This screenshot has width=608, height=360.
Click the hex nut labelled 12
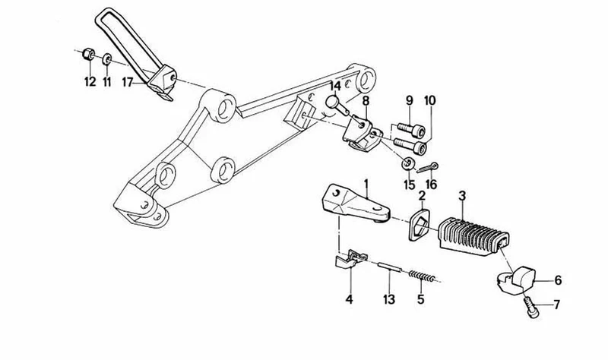pyautogui.click(x=89, y=54)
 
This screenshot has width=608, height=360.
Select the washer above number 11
pyautogui.click(x=107, y=60)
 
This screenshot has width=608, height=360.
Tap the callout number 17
pyautogui.click(x=128, y=82)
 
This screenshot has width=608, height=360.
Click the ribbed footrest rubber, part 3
pyautogui.click(x=473, y=234)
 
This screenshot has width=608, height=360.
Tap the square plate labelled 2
pyautogui.click(x=420, y=224)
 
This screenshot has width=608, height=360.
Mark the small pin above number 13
pyautogui.click(x=390, y=267)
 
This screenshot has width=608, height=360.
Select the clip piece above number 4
pyautogui.click(x=351, y=258)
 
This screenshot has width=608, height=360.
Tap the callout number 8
pyautogui.click(x=366, y=101)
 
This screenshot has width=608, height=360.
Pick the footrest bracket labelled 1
pyautogui.click(x=355, y=205)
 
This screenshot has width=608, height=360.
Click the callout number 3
pyautogui.click(x=462, y=196)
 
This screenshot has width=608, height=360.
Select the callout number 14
pyautogui.click(x=335, y=86)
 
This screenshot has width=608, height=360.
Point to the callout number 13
pyautogui.click(x=389, y=299)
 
